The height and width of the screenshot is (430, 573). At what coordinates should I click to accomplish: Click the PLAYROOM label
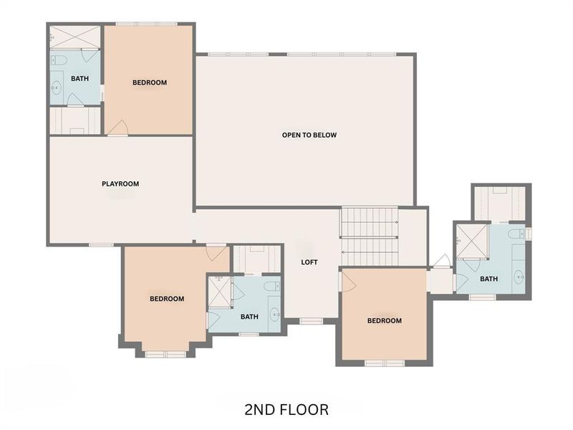[x=120, y=183]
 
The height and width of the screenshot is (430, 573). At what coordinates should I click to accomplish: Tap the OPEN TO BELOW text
[x=309, y=135]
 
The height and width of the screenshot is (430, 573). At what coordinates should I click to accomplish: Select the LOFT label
[x=309, y=262]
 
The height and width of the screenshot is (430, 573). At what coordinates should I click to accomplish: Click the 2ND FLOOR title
[x=286, y=410]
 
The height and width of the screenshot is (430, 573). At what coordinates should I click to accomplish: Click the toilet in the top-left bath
[x=59, y=59]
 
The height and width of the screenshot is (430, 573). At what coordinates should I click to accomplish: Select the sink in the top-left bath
[x=56, y=89]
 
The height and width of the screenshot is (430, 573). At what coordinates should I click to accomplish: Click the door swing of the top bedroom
[x=117, y=127]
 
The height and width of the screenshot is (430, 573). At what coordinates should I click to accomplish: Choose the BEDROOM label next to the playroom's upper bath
[x=150, y=82]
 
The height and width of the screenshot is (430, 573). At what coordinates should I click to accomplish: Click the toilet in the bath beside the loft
[x=271, y=287]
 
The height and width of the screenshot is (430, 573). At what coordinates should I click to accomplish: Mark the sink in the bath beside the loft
[x=274, y=314]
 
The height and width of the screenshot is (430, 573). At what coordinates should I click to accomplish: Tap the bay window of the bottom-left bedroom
[x=165, y=353]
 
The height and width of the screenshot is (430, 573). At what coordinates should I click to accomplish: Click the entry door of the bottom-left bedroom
[x=216, y=252]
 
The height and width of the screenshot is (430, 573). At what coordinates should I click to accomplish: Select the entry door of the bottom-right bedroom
[x=347, y=281]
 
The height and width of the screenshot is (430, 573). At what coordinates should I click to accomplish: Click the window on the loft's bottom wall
[x=311, y=321]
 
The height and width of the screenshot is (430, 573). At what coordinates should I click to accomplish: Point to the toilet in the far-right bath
[x=516, y=234]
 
